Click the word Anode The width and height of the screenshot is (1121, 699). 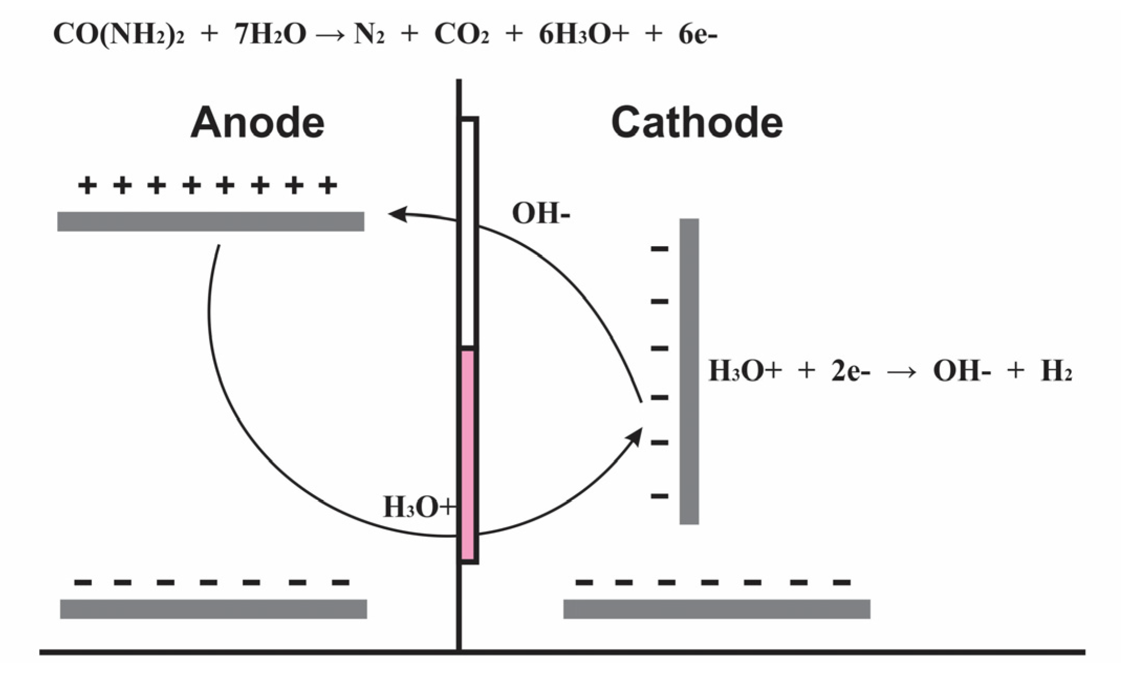coord(257,123)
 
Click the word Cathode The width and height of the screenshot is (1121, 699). coord(696,123)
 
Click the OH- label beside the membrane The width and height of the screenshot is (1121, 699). coord(540,214)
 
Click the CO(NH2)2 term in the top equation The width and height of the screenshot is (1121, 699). coord(119,35)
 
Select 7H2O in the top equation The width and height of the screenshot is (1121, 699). coord(270,35)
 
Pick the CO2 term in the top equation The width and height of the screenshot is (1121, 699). coord(461,35)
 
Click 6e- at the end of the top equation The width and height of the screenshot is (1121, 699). coord(697,35)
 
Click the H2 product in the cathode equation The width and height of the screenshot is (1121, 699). coord(1056,371)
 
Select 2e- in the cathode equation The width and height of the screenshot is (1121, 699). coord(850,371)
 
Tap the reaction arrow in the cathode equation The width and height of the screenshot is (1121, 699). coord(902,372)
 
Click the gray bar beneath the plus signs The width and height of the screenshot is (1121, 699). coord(211,221)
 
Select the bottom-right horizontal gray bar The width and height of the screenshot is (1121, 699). coord(717,609)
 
